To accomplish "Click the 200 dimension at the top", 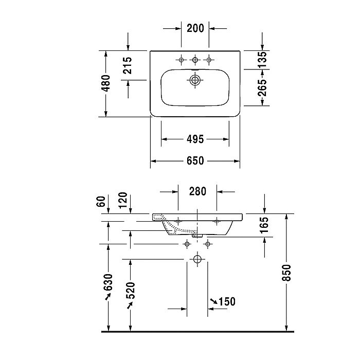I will click(195, 28).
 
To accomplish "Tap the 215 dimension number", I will click(128, 65).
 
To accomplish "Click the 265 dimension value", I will click(262, 88).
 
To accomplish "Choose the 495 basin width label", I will click(195, 139).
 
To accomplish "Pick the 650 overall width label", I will click(195, 161).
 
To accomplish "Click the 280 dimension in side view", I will click(197, 191).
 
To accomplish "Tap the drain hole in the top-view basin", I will click(195, 80).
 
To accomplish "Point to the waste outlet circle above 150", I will click(197, 259).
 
